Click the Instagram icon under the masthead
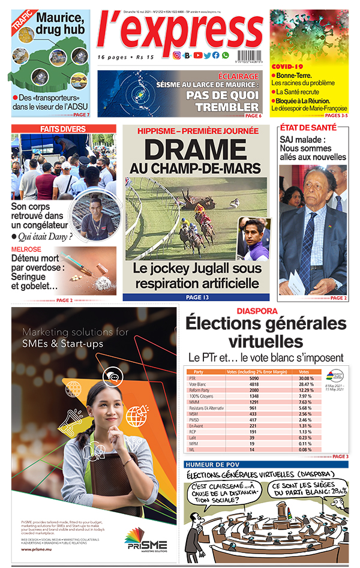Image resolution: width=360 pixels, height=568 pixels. coord(177,55)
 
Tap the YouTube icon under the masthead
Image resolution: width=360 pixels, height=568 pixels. coord(197,55)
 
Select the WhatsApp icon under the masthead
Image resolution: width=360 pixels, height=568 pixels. coord(226,55)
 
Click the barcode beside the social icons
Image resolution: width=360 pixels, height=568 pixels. coord(246,55)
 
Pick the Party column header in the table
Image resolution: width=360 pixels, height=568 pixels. coord(199,372)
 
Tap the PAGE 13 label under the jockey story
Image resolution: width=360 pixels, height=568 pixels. coord(196,297)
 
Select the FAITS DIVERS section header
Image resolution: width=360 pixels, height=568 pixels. coord(63,129)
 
